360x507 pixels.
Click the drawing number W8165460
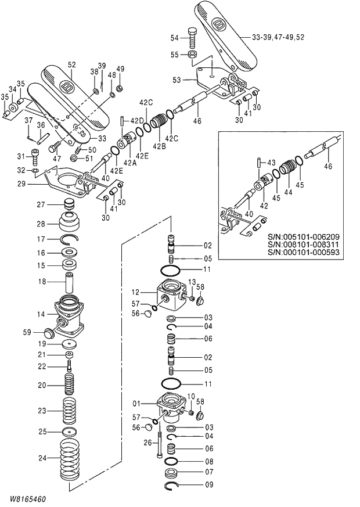pos(27,499)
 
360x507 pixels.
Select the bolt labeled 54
pos(192,38)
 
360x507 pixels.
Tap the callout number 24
pos(41,458)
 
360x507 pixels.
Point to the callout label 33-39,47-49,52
pos(278,37)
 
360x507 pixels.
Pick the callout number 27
pos(41,204)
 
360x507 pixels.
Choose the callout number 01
pos(137,403)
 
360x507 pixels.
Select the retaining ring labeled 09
pos(174,485)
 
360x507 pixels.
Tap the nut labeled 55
pos(192,55)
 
